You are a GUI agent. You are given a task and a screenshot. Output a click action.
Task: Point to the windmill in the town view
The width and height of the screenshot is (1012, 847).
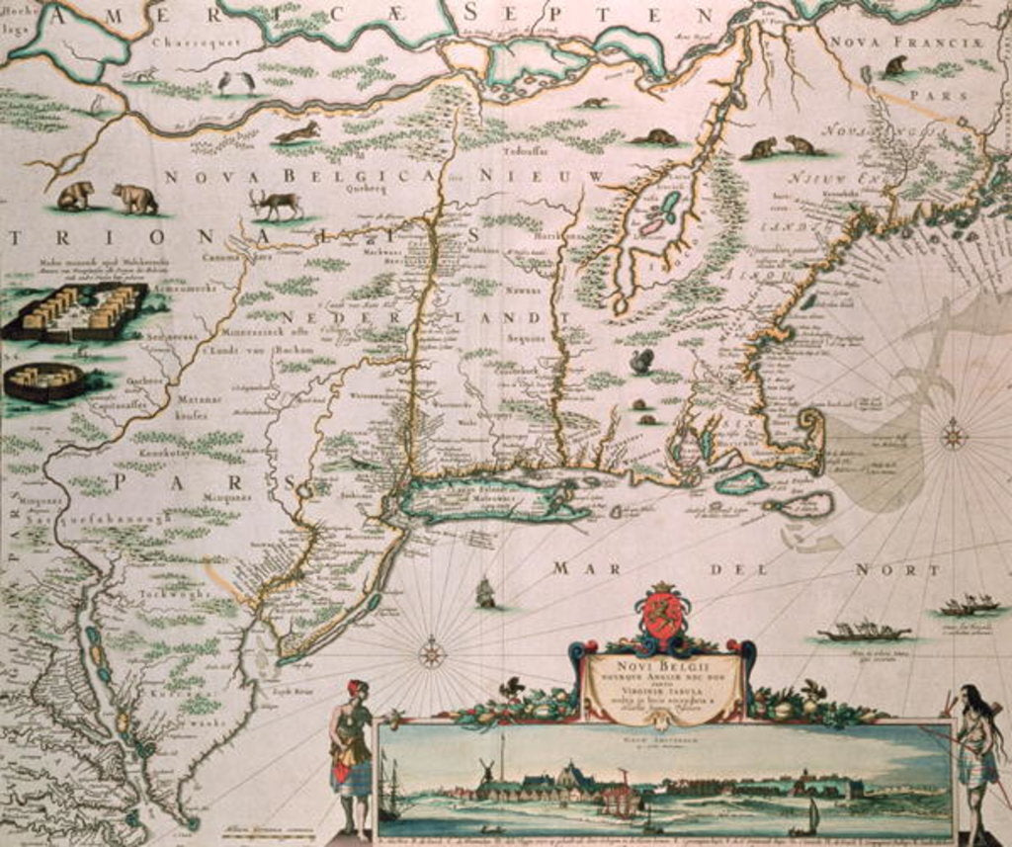pyautogui.click(x=486, y=772)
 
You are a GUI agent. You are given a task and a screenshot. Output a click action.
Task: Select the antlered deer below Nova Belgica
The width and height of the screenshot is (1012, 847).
pyautogui.click(x=277, y=203)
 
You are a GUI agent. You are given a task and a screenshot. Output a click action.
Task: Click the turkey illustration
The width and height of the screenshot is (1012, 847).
pyautogui.click(x=642, y=361)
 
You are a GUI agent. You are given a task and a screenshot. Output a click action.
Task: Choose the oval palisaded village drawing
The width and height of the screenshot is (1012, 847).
pyautogui.click(x=44, y=381)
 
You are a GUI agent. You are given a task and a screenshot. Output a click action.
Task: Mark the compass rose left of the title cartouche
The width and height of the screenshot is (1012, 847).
pyautogui.click(x=431, y=652)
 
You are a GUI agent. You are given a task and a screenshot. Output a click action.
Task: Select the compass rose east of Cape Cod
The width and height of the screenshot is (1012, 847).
pyautogui.click(x=953, y=434)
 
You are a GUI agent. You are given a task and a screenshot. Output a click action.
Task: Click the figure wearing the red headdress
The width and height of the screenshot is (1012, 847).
pyautogui.click(x=351, y=751)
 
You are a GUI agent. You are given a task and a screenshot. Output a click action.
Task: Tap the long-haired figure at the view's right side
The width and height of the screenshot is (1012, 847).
pyautogui.click(x=976, y=756)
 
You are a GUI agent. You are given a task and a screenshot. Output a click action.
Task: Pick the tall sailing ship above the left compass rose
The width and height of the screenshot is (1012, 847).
pyautogui.click(x=485, y=592)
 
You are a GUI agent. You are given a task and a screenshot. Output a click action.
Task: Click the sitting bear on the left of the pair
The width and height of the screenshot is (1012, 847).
pyautogui.click(x=75, y=195)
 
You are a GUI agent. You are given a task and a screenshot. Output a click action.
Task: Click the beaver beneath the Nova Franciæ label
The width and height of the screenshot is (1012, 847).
pyautogui.click(x=895, y=66)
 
